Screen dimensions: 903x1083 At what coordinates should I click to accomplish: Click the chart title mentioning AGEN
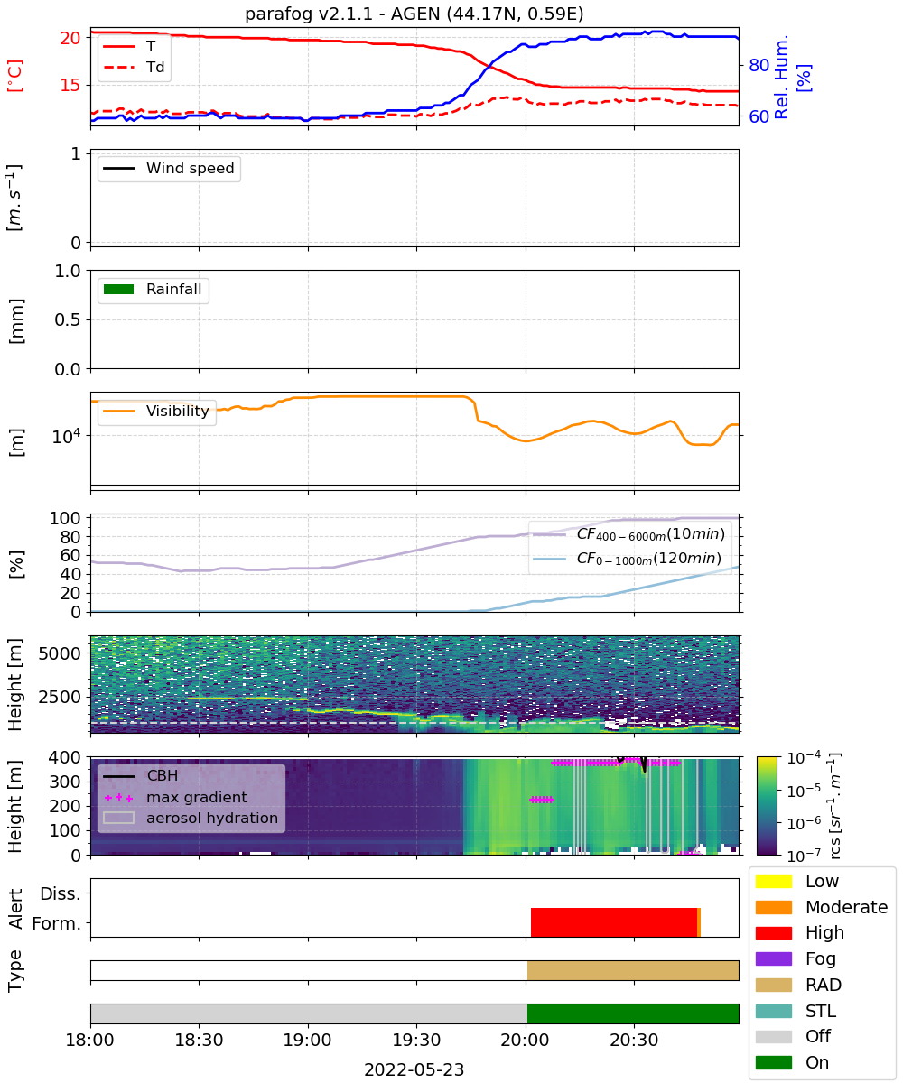(x=414, y=14)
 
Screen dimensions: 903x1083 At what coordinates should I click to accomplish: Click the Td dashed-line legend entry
(x=134, y=67)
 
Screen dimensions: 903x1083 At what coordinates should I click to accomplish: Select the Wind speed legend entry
(x=169, y=168)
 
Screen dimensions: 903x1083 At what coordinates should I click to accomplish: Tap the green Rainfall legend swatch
(x=119, y=289)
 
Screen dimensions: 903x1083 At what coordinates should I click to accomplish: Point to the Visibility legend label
(x=178, y=411)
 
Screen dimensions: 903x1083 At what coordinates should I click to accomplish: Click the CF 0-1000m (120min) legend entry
(x=627, y=559)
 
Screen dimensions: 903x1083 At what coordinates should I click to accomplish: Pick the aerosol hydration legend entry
(x=191, y=818)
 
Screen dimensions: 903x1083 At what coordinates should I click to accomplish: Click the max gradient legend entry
(x=176, y=797)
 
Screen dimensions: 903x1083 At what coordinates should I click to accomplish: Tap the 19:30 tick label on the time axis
(x=416, y=1040)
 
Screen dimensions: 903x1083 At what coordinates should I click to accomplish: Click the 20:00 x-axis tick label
(x=526, y=1040)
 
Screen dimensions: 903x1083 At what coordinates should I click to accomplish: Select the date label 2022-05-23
(x=414, y=1069)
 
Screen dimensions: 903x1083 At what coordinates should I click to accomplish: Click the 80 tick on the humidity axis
(x=759, y=65)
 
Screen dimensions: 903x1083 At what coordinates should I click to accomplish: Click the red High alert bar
(x=613, y=922)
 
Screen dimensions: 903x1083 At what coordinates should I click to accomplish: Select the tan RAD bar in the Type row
(x=633, y=970)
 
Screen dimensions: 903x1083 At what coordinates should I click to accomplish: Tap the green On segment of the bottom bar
(x=633, y=1014)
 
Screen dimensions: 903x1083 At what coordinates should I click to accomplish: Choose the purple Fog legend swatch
(x=773, y=958)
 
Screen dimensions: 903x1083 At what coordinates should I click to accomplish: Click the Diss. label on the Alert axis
(x=61, y=893)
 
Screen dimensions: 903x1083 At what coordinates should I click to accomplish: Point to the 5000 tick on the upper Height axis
(x=60, y=653)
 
